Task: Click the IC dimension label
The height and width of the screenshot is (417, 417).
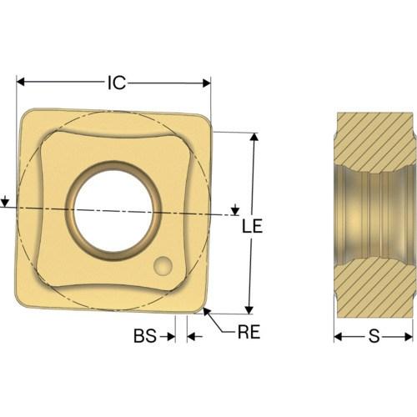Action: [x=117, y=83]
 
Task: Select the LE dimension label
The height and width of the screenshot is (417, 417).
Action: [x=252, y=226]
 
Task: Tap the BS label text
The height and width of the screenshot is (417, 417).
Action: [x=145, y=335]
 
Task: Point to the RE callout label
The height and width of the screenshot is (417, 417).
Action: [x=249, y=331]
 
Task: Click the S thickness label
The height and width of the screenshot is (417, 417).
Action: [x=374, y=336]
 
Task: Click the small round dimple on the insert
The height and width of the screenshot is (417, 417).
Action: [x=163, y=266]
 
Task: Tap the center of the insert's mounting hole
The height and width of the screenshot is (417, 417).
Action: [x=113, y=211]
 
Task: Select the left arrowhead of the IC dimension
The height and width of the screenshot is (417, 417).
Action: [x=21, y=82]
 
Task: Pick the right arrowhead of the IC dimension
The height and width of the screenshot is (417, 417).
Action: [x=207, y=83]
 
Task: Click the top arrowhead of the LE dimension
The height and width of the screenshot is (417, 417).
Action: [x=254, y=137]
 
